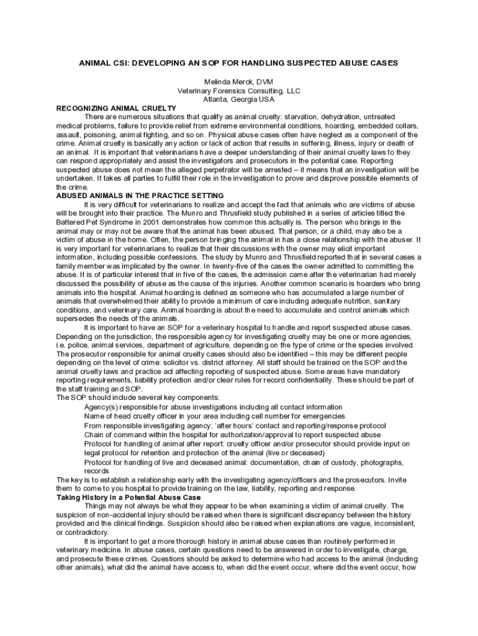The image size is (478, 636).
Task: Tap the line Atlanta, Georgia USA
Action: [238, 99]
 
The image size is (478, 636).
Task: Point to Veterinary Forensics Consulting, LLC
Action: [238, 91]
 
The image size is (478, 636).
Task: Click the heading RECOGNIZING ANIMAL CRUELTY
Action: [117, 108]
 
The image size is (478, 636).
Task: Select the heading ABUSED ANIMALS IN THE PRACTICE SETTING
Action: [140, 196]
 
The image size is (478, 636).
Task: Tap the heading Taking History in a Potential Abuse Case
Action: [129, 497]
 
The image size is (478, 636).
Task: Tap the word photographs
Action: [379, 462]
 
